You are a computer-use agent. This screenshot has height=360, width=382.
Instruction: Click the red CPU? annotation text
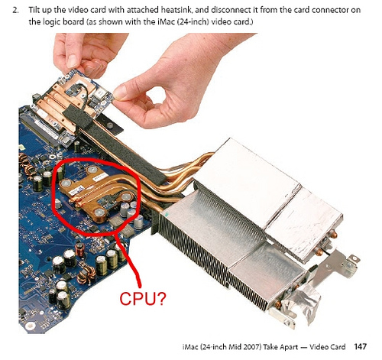143,298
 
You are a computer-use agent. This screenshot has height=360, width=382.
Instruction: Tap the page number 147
361,347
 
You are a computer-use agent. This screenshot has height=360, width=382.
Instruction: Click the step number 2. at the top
16,10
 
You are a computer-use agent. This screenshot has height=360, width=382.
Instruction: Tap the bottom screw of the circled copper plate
100,212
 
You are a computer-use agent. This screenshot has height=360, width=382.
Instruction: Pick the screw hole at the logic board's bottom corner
31,325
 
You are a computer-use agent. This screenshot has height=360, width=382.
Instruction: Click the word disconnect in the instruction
228,10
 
